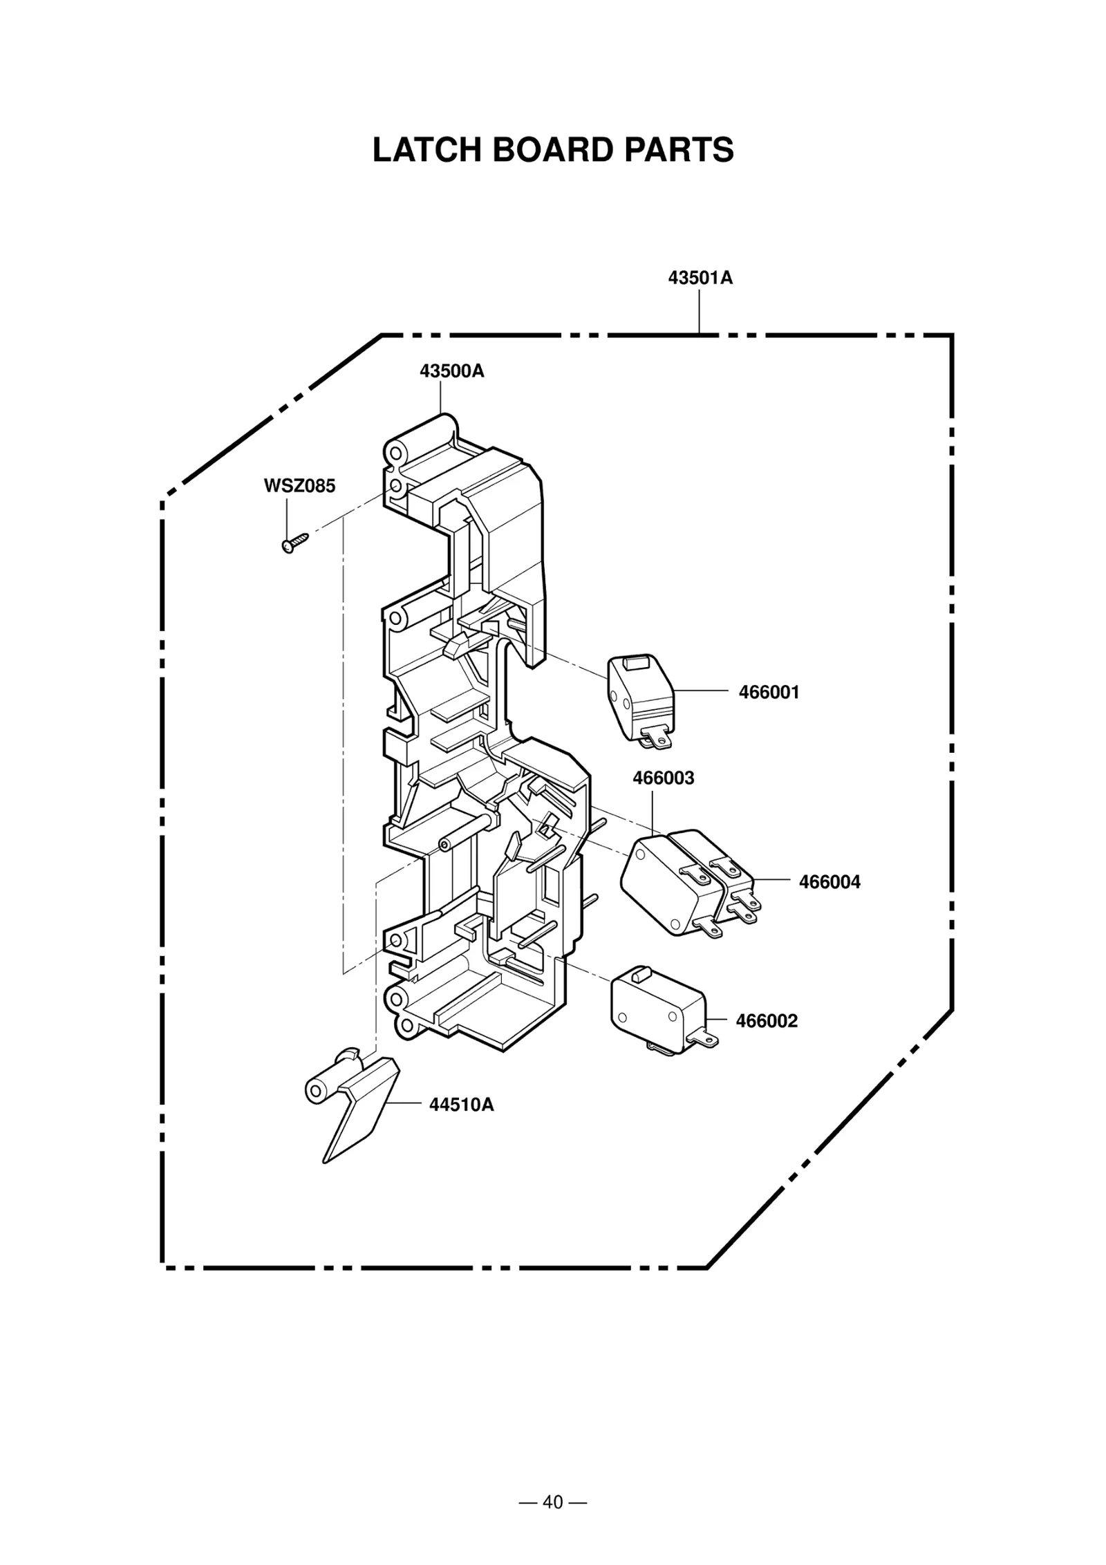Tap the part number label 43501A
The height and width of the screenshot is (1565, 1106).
[700, 278]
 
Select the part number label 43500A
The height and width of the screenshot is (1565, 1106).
[451, 371]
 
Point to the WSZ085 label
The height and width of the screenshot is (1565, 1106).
[299, 486]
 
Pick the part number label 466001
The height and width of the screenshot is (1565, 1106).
[769, 692]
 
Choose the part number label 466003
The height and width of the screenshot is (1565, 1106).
[663, 778]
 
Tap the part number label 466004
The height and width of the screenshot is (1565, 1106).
[829, 881]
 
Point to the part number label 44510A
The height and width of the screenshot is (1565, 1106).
[461, 1105]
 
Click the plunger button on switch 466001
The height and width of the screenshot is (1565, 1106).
[632, 663]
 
